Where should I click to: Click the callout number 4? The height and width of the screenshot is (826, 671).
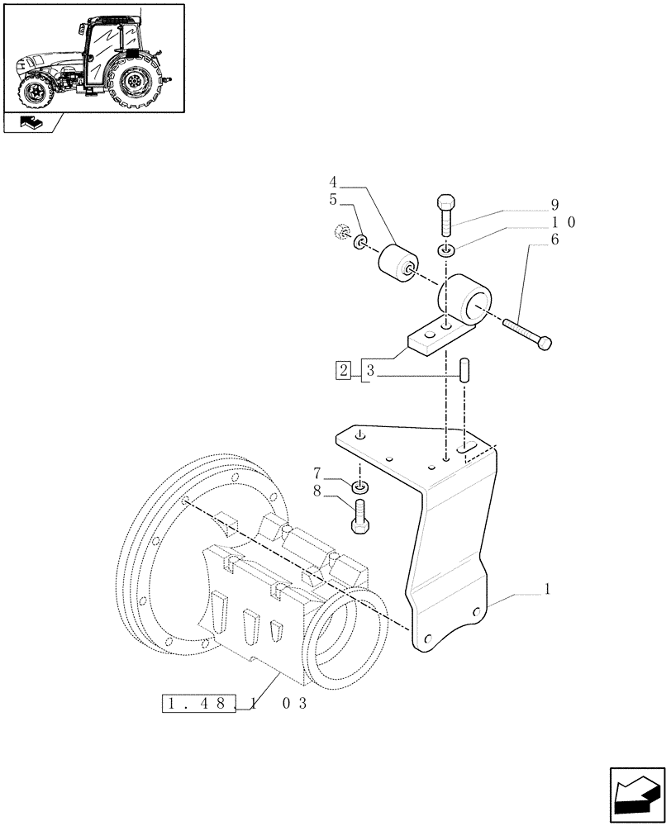point(332,182)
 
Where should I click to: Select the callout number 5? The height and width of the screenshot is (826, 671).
point(332,200)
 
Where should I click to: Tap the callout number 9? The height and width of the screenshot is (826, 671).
point(554,205)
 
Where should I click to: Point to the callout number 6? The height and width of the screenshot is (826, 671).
point(554,240)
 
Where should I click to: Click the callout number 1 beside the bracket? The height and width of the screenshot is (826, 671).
point(548,591)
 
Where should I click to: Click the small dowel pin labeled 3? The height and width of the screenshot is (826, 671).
point(464,368)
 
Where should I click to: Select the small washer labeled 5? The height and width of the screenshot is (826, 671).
point(361,244)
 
